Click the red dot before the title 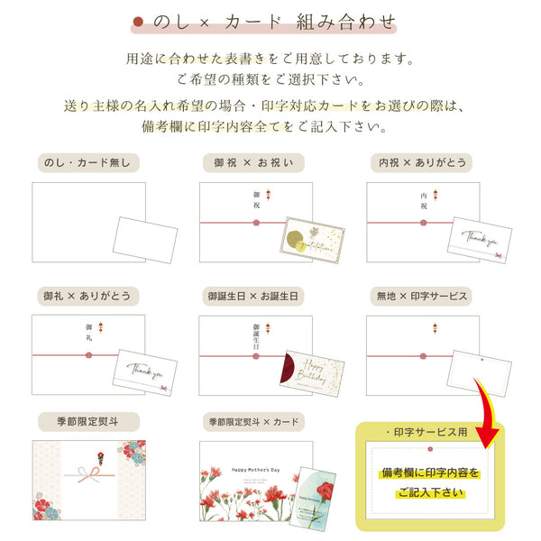(x=138, y=21)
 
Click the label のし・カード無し (x=87, y=162)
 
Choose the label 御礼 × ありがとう (x=87, y=296)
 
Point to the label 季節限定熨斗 (x=87, y=421)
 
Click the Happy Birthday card (x=312, y=372)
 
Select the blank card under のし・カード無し (x=143, y=239)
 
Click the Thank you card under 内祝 (x=481, y=242)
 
